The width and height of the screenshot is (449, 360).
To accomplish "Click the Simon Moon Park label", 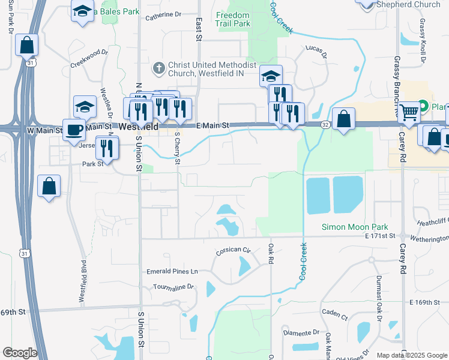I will [x=354, y=227].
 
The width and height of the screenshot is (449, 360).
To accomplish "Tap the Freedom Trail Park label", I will [x=233, y=19].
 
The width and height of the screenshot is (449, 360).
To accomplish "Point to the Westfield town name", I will [x=139, y=127].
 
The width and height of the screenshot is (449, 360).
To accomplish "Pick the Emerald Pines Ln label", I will [x=172, y=272].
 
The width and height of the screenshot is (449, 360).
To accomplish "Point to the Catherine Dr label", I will [x=163, y=15].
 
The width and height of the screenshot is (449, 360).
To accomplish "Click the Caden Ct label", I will [x=335, y=314].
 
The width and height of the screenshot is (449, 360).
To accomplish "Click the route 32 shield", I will [x=325, y=125].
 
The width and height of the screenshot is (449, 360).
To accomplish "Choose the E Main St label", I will [x=213, y=125].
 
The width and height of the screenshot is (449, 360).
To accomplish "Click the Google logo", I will [x=20, y=353].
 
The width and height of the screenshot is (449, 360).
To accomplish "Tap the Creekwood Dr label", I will [x=88, y=59].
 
